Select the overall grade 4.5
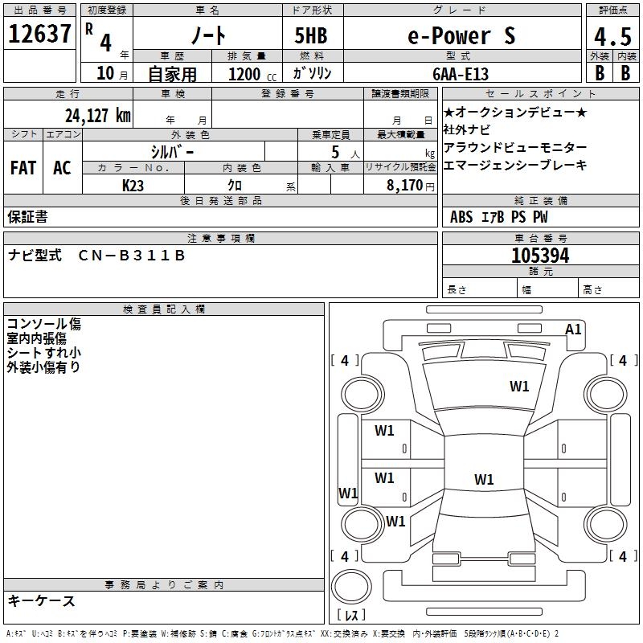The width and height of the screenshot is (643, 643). pyautogui.click(x=612, y=37)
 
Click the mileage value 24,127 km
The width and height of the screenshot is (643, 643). pyautogui.click(x=98, y=115)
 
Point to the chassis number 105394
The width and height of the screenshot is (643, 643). pyautogui.click(x=540, y=256)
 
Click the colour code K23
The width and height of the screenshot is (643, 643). pyautogui.click(x=133, y=185)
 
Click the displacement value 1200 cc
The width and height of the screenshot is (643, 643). pyautogui.click(x=244, y=74)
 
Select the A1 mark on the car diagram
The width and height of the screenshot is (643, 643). pyautogui.click(x=573, y=329)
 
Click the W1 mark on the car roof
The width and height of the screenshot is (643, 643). pyautogui.click(x=483, y=480)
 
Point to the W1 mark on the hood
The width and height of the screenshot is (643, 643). pyautogui.click(x=519, y=387)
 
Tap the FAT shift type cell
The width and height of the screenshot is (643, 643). pyautogui.click(x=23, y=167)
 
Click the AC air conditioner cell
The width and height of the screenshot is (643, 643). pyautogui.click(x=62, y=167)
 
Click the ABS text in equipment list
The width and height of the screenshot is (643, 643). pyautogui.click(x=461, y=216)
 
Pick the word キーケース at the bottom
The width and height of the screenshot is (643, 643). pyautogui.click(x=41, y=600)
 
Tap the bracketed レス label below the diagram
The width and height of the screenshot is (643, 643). pyautogui.click(x=351, y=616)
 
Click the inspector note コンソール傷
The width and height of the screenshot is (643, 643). pyautogui.click(x=43, y=325)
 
